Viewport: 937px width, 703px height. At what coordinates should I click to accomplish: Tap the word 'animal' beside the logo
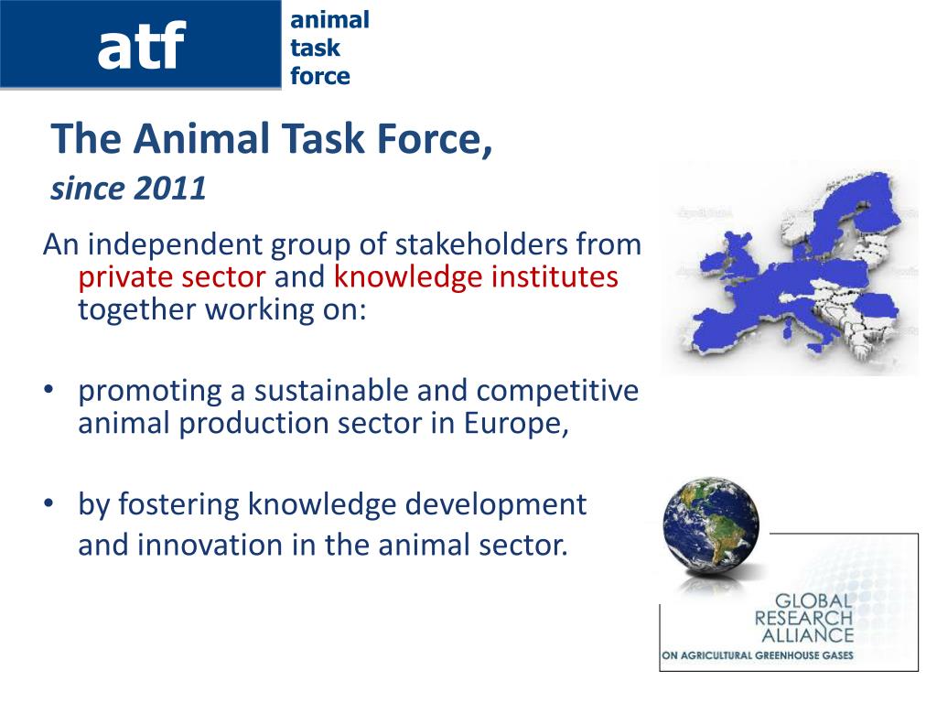click(329, 20)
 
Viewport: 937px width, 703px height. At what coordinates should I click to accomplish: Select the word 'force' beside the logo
click(320, 76)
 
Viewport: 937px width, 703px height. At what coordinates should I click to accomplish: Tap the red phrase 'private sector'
click(172, 278)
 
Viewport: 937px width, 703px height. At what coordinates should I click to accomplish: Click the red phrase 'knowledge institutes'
click(476, 277)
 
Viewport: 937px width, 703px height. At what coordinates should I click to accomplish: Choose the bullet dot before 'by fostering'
click(48, 503)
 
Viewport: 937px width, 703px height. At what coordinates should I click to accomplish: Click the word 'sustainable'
click(331, 390)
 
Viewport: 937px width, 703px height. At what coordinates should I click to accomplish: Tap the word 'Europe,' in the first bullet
click(516, 424)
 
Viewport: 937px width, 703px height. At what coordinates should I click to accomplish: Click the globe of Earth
click(711, 523)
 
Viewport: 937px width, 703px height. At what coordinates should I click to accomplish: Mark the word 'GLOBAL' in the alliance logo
click(813, 601)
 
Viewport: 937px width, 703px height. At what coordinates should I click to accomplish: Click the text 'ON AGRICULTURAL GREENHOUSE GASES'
click(757, 655)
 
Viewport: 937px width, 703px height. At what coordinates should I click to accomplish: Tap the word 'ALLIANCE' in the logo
click(807, 635)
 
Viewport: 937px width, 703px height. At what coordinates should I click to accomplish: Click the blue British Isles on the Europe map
click(729, 257)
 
